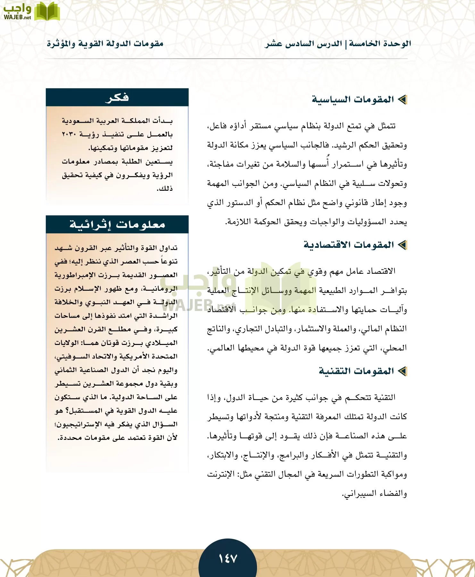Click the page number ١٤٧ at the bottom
click(x=228, y=558)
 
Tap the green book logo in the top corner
click(x=47, y=12)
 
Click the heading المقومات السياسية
click(x=353, y=99)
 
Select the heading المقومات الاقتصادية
click(x=349, y=245)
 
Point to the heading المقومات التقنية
click(x=356, y=371)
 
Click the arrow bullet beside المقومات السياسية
click(x=402, y=100)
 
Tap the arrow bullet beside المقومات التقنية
click(x=402, y=371)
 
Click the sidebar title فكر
click(x=117, y=97)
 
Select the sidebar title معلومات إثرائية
click(x=117, y=224)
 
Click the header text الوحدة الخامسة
click(x=380, y=44)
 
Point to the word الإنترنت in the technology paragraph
click(x=221, y=474)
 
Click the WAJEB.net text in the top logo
click(x=17, y=17)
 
